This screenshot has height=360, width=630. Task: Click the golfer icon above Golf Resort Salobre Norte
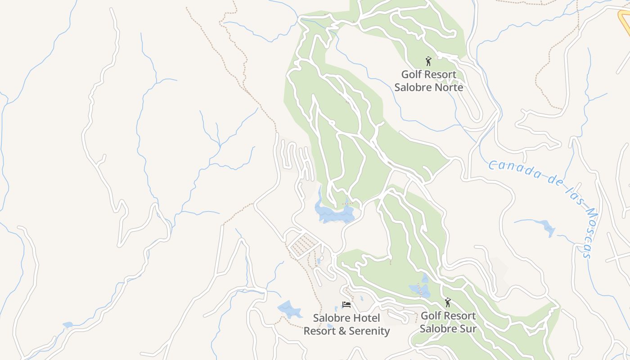tap(428, 61)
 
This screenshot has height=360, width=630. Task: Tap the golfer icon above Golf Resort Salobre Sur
tap(447, 302)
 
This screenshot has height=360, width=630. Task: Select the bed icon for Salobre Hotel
tap(346, 305)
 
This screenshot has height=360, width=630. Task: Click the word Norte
tap(446, 87)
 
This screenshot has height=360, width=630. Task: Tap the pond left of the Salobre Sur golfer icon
tap(419, 289)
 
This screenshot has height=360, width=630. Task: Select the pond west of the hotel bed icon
tap(289, 309)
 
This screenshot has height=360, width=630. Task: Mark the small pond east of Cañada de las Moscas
tap(547, 227)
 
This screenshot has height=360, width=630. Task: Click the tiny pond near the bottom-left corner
tap(67, 324)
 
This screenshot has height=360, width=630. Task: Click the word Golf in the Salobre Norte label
tap(412, 74)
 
